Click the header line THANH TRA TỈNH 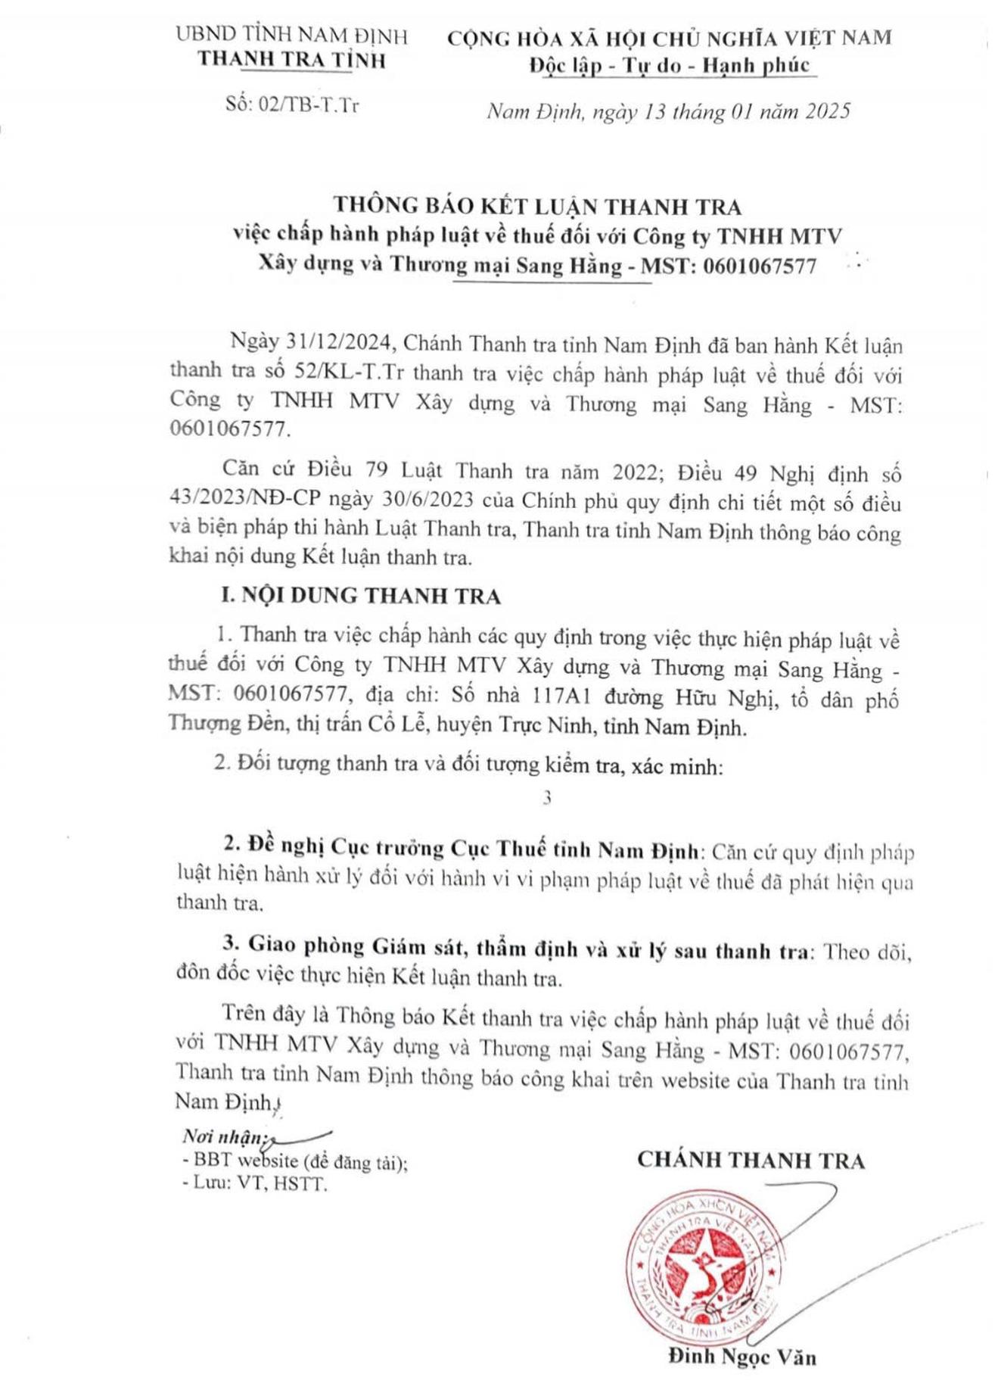[291, 61]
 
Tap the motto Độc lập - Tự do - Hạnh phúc [670, 66]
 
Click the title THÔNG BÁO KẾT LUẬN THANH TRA [537, 206]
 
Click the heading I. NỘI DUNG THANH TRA [360, 596]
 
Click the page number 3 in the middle [546, 798]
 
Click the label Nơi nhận [223, 1137]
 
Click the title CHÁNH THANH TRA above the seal [751, 1161]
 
